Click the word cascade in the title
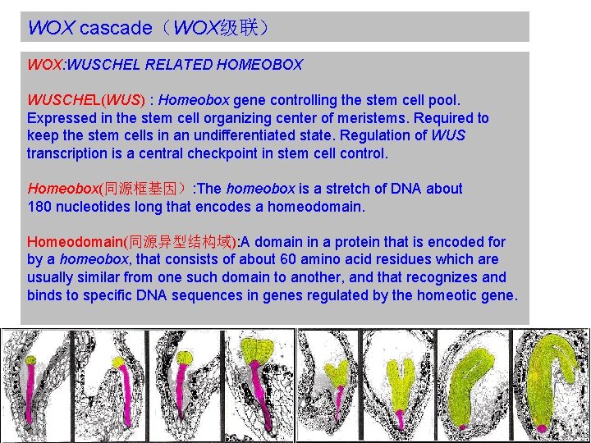(x=115, y=28)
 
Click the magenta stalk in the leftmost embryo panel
(x=30, y=393)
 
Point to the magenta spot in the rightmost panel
(x=543, y=427)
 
